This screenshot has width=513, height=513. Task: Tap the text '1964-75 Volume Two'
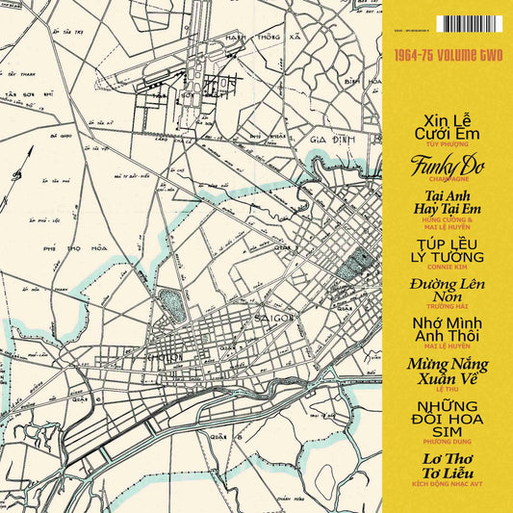[447, 58]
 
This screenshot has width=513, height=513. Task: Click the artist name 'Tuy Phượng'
[446, 142]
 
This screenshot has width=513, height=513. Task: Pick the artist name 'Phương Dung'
[446, 446]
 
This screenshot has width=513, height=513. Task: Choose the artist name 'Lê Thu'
[446, 389]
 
